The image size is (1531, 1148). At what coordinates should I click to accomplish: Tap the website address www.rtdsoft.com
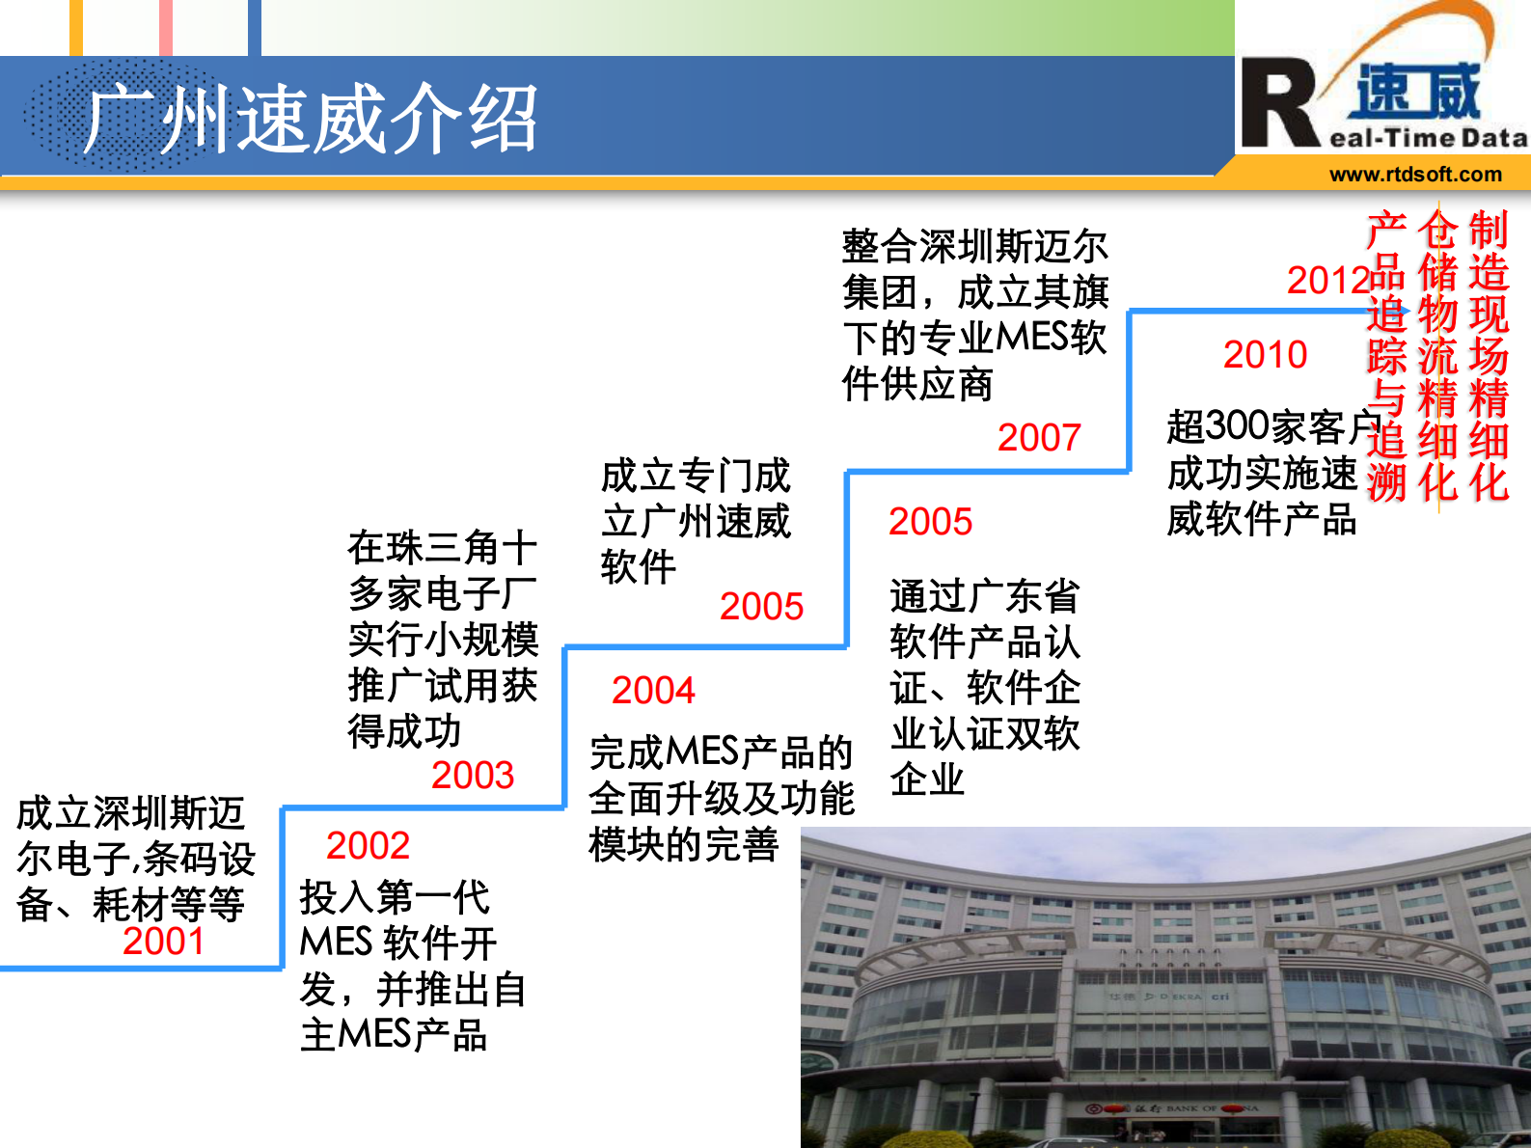click(1415, 175)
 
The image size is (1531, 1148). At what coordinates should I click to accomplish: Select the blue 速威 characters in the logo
click(1417, 92)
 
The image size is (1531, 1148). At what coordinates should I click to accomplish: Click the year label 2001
click(163, 942)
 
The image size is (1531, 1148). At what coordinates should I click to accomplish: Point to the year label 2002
click(368, 846)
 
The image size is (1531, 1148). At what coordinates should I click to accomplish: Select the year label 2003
click(473, 776)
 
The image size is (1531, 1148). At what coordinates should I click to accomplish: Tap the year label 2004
click(653, 691)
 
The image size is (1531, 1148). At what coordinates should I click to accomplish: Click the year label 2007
click(1039, 438)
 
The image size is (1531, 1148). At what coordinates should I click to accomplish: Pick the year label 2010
click(1265, 355)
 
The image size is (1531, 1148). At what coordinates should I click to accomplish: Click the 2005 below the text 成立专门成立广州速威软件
click(761, 607)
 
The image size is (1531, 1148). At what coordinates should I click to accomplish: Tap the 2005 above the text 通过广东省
click(930, 522)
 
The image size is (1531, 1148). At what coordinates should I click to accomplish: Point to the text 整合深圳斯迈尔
click(974, 247)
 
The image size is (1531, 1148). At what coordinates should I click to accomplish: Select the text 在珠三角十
click(442, 548)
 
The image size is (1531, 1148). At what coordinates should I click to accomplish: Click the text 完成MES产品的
click(721, 752)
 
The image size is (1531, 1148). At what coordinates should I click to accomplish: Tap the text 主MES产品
click(393, 1035)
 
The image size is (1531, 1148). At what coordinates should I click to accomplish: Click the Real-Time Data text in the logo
click(1428, 139)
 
